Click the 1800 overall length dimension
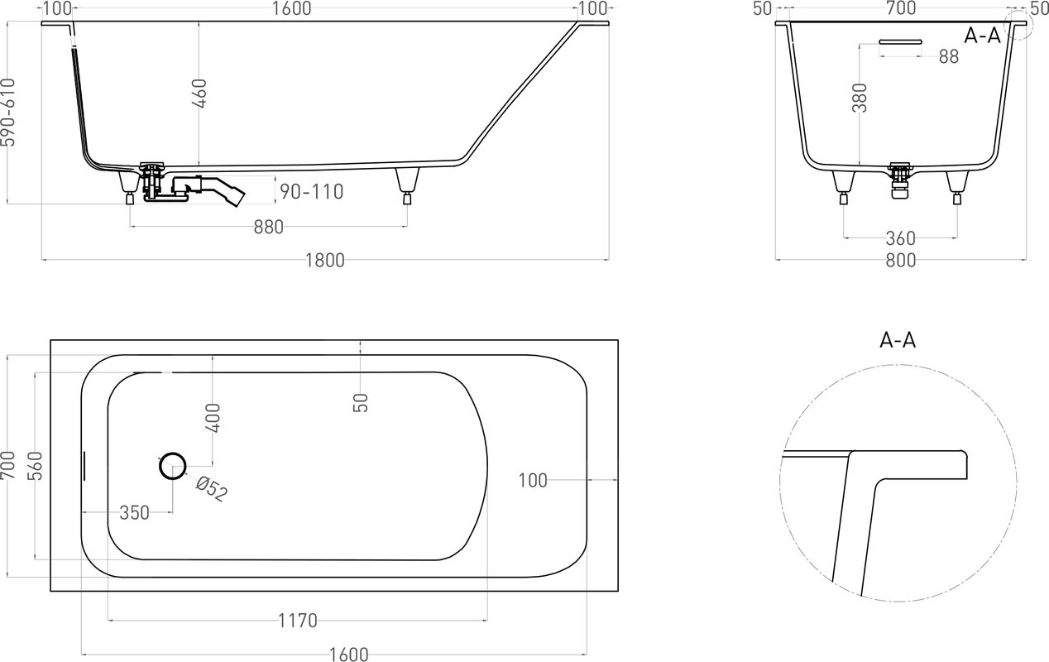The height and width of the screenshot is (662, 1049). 324,260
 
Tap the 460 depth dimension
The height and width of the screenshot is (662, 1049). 200,94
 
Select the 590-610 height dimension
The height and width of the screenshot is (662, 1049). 8,113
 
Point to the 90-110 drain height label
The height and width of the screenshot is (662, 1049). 311,192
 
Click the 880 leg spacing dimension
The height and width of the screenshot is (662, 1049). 268,228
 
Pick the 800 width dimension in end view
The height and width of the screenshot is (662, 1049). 900,261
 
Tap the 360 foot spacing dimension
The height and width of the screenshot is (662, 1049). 900,238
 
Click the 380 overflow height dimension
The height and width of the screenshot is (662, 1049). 860,98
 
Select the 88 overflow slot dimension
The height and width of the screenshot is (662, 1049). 949,57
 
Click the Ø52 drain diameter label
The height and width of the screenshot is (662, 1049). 212,489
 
